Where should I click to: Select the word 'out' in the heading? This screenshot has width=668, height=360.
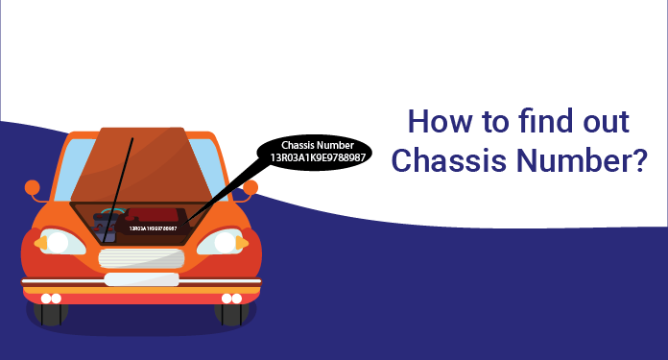click(606, 124)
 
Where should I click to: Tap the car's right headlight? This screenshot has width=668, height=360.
click(229, 242)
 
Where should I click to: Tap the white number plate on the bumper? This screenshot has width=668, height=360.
click(140, 280)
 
